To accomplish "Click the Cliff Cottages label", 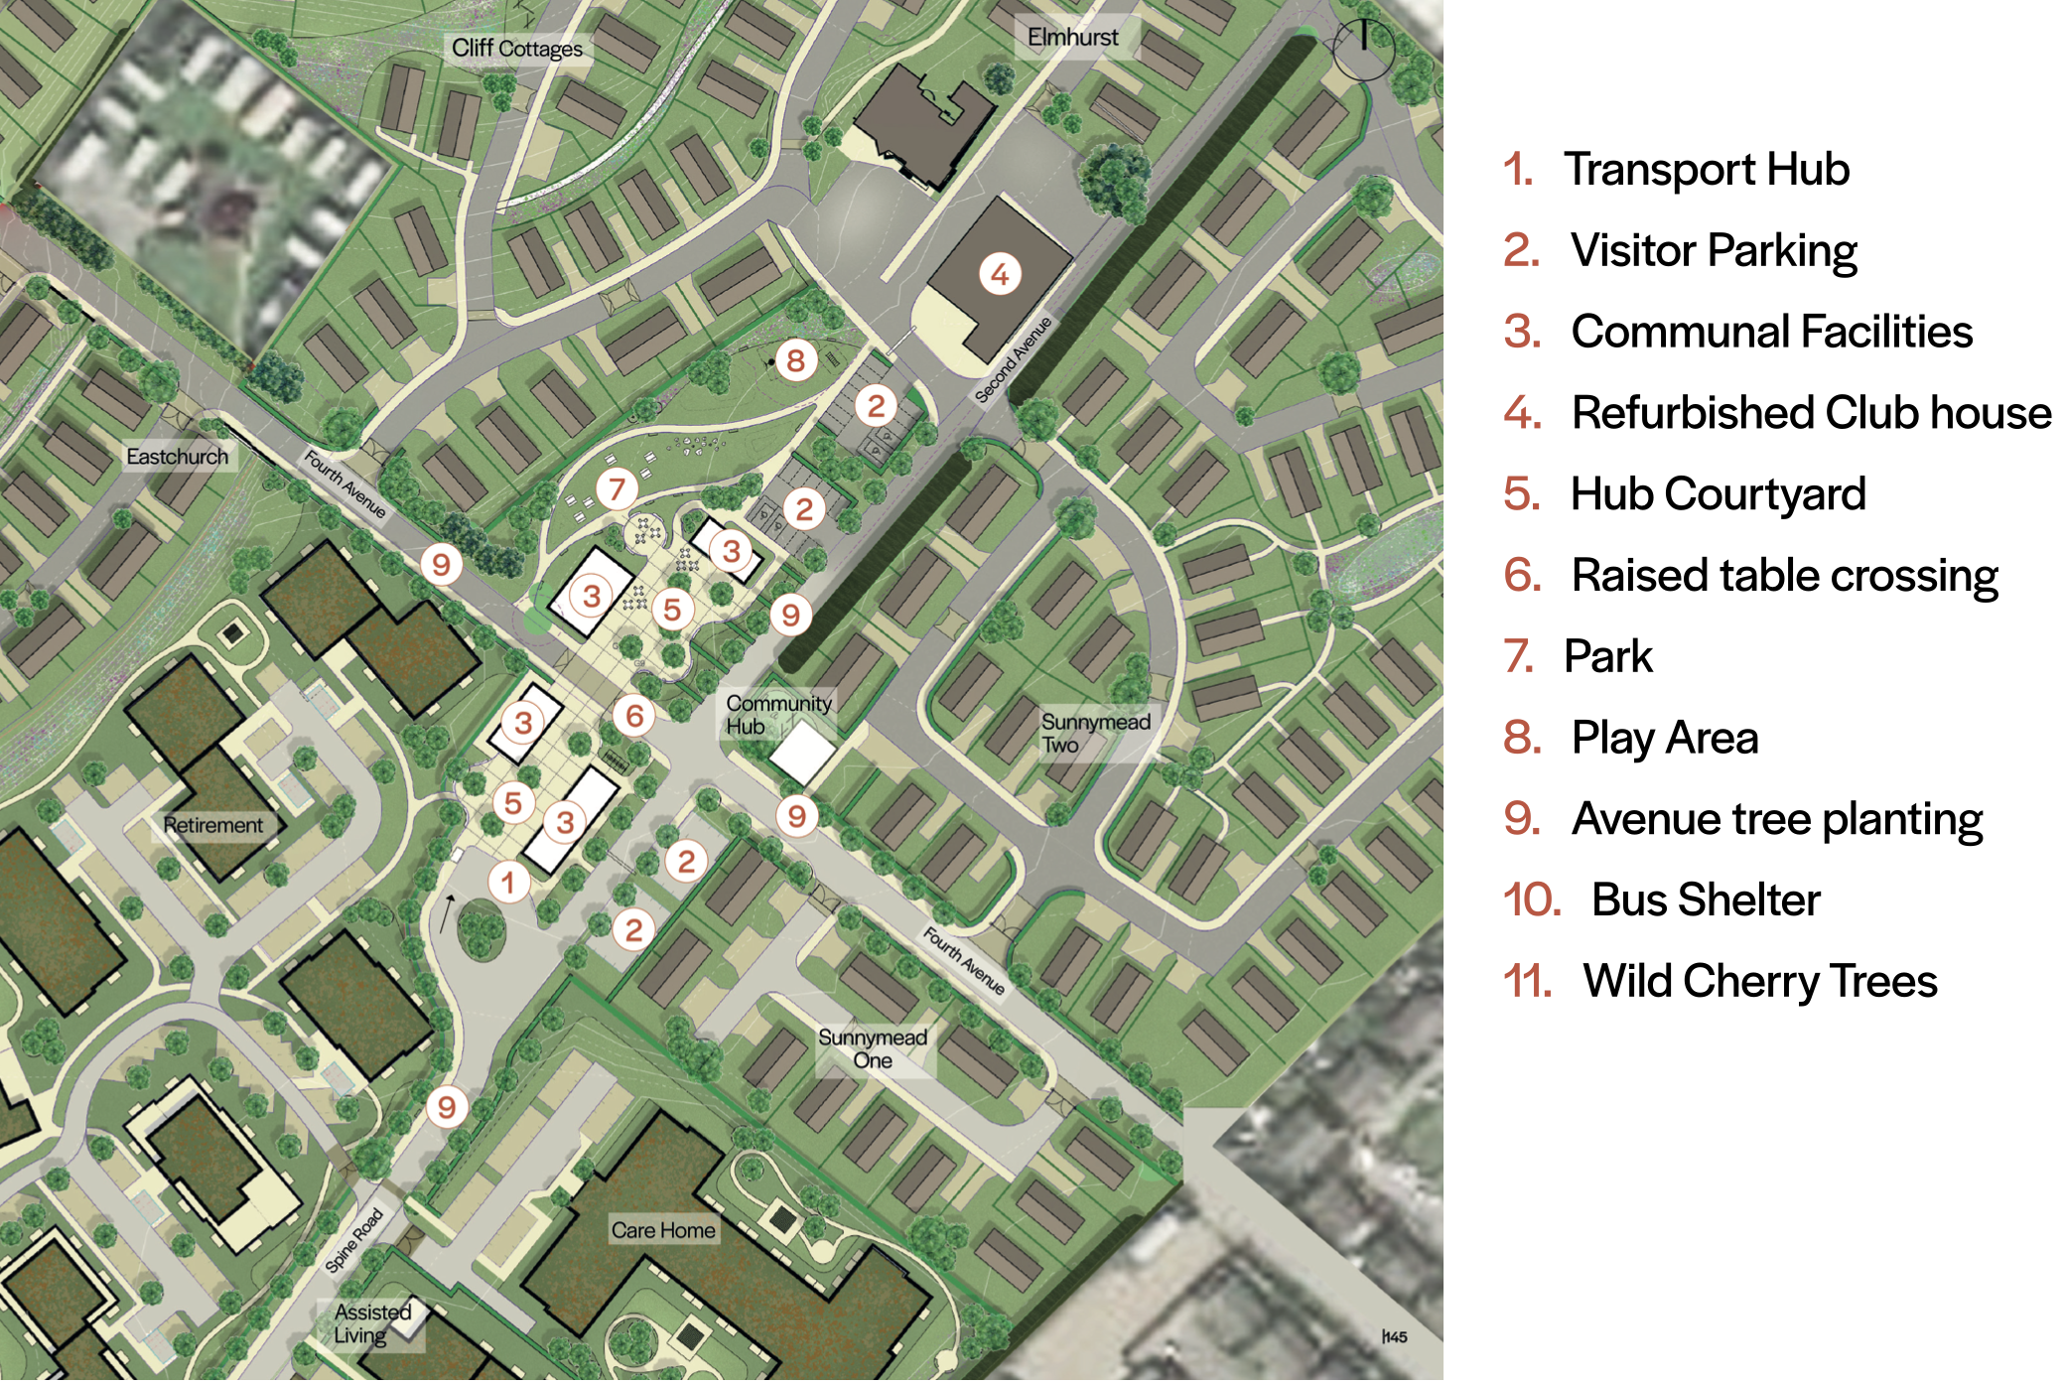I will pos(517,48).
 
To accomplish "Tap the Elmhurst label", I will pos(1072,38).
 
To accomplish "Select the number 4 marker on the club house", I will pos(1000,274).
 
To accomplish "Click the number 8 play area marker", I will pos(796,360).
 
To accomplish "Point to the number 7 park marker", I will pos(617,488).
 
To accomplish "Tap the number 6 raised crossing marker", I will pos(634,716).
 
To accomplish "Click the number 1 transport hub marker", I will pos(508,882).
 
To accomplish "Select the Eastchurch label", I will pos(178,457).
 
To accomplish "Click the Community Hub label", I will pos(777,715).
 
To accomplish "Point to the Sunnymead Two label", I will pos(1095,733).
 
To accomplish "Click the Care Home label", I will pos(663,1230).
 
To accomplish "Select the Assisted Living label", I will pos(373,1323).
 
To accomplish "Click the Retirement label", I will pos(213,825).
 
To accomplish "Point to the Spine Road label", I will pos(354,1240).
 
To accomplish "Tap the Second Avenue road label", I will pos(1013,360).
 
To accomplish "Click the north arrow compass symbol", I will pos(1363,48).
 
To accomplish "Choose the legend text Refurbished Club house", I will pos(1811,413).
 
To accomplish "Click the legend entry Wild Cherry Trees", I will pos(1759,981).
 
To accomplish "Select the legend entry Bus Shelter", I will pos(1705,900).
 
